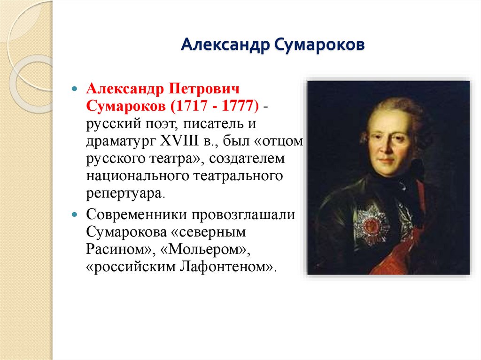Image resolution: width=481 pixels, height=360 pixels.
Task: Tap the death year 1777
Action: [x=239, y=106]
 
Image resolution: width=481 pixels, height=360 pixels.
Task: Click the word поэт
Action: [x=164, y=124]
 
